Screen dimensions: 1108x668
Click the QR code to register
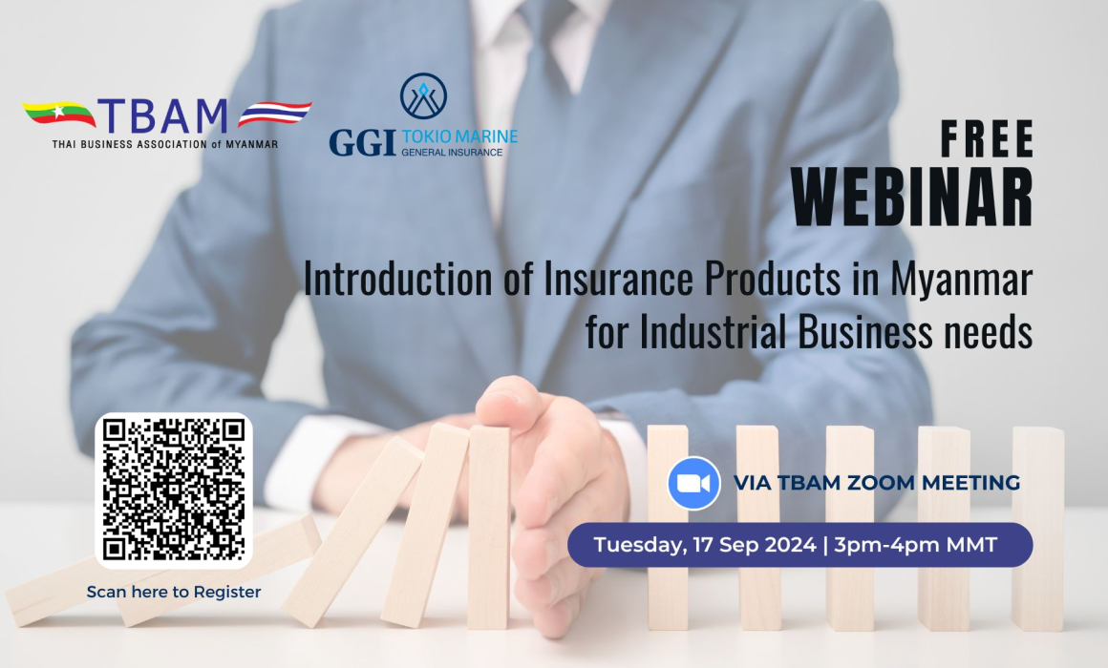[174, 491]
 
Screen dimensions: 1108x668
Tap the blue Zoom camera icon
[693, 483]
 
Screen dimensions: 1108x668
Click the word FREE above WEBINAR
[987, 138]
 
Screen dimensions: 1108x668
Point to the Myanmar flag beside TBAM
[58, 113]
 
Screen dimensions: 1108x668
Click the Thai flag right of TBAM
[274, 113]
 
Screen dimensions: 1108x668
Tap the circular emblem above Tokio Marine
[423, 96]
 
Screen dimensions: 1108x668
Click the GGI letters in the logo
[362, 142]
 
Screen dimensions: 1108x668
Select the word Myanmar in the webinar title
[961, 280]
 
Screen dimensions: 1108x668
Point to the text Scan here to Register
[174, 592]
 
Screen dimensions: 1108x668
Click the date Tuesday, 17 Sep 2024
[705, 545]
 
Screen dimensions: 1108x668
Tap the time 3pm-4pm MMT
[916, 545]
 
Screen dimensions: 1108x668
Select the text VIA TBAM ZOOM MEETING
[877, 483]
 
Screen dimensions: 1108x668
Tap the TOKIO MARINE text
[459, 136]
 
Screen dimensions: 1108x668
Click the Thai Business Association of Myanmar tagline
[164, 144]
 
